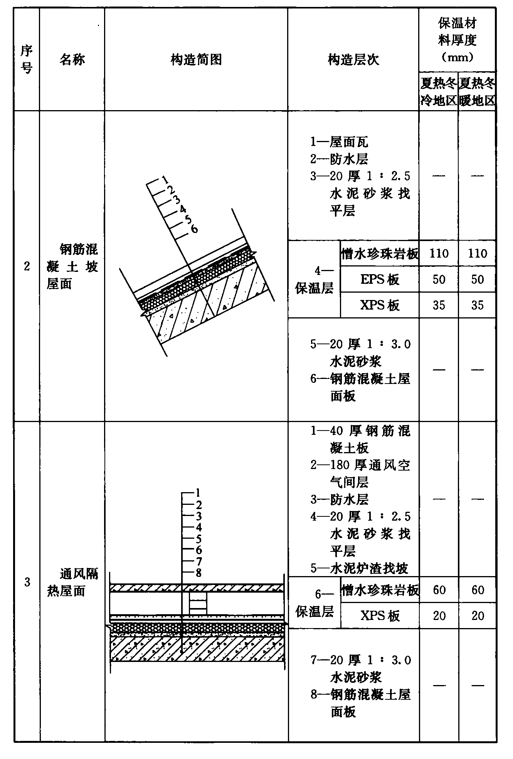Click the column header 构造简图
click(196, 60)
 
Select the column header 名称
click(72, 60)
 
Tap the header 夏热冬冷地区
click(439, 92)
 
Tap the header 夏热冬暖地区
click(477, 92)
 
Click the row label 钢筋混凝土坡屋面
click(72, 266)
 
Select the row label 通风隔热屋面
click(72, 582)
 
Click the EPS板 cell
click(380, 279)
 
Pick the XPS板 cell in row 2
click(380, 305)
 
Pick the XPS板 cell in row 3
click(380, 616)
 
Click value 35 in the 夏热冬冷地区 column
click(439, 305)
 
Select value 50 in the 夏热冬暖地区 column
click(477, 279)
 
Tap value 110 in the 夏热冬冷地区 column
click(439, 253)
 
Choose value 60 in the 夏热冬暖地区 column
click(477, 590)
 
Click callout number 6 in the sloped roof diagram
click(194, 229)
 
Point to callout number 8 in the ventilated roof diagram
click(198, 573)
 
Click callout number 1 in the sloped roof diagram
click(165, 179)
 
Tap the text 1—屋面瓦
click(339, 142)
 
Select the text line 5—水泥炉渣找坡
click(359, 568)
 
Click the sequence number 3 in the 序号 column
click(27, 582)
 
